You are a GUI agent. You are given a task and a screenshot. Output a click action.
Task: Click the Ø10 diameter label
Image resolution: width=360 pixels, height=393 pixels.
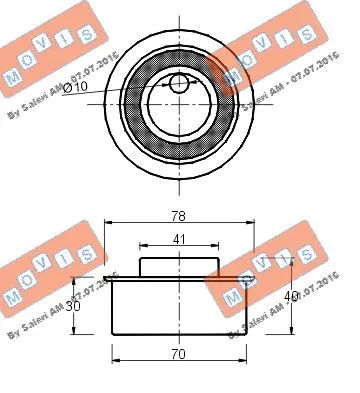(x=76, y=90)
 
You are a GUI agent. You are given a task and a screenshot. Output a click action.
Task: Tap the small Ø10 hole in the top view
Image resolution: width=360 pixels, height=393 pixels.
(x=179, y=84)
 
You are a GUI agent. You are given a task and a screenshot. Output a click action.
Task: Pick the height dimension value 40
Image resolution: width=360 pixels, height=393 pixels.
(x=289, y=297)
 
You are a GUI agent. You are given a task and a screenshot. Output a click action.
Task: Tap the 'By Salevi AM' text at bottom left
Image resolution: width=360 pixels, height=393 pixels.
(x=60, y=310)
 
